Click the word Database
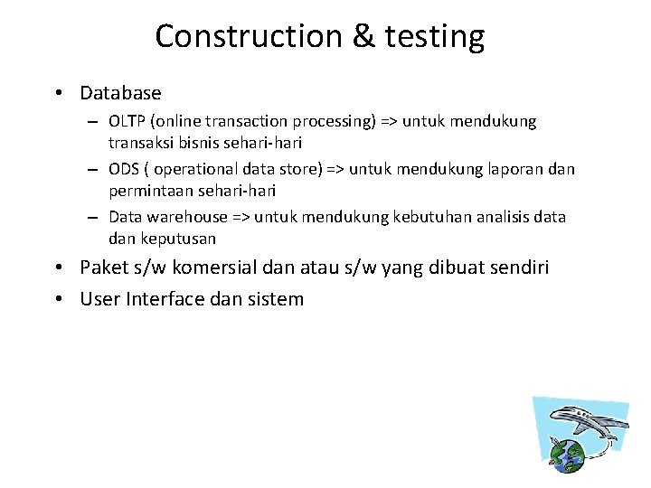120,93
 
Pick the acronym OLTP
126,121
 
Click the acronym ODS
124,170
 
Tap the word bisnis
198,143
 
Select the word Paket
105,268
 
